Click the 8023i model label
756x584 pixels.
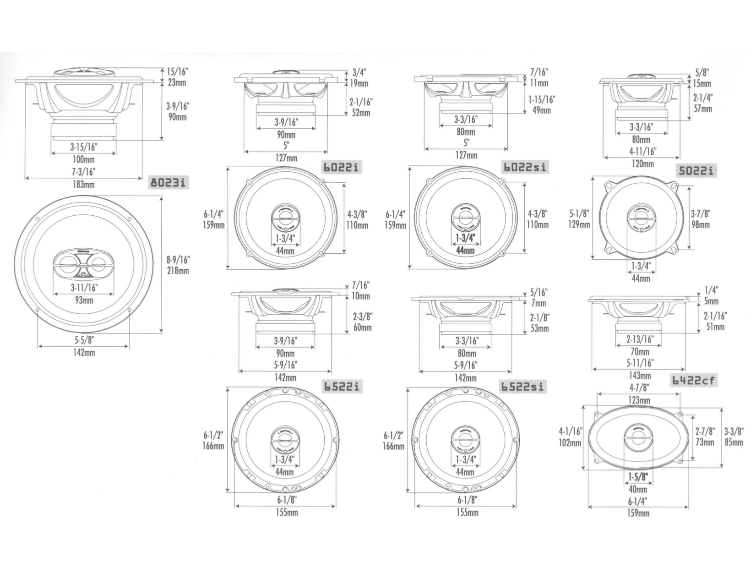tap(169, 183)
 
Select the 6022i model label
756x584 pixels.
tap(341, 167)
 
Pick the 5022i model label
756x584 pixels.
tap(696, 171)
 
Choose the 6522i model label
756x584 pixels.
tap(342, 386)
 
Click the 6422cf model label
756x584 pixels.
tap(693, 380)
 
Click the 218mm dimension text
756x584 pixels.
tap(178, 271)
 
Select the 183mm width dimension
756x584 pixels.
tap(83, 184)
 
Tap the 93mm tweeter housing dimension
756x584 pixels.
tap(83, 300)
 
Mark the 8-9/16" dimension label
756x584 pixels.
tap(178, 260)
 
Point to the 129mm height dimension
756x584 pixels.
tap(579, 224)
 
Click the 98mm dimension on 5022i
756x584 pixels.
tap(700, 224)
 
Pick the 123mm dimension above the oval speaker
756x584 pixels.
tap(639, 400)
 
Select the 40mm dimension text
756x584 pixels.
tap(638, 489)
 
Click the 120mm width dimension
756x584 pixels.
tap(642, 164)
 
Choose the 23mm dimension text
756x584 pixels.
tap(177, 83)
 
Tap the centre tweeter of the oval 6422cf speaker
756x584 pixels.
tap(638, 438)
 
